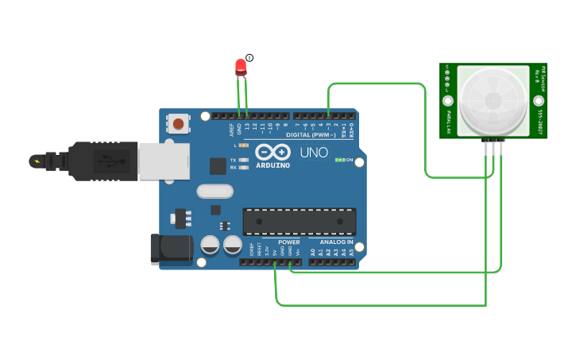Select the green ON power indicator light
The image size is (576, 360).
pyautogui.click(x=339, y=160)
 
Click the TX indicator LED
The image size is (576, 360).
pyautogui.click(x=244, y=160)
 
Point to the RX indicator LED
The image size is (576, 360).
pyautogui.click(x=244, y=168)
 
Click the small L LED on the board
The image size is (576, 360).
pyautogui.click(x=244, y=145)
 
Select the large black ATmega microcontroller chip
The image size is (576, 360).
pyautogui.click(x=299, y=222)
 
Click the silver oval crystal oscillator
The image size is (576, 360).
pyautogui.click(x=215, y=191)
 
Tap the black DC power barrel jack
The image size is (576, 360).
pyautogui.click(x=171, y=249)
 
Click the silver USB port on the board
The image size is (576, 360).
pyautogui.click(x=164, y=161)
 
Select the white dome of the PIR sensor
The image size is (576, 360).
pyautogui.click(x=493, y=100)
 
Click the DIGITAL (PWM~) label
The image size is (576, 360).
pyautogui.click(x=309, y=135)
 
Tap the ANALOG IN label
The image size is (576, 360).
pyautogui.click(x=336, y=242)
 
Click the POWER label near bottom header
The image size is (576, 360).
pyautogui.click(x=288, y=242)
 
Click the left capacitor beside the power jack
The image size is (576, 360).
pyautogui.click(x=211, y=245)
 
